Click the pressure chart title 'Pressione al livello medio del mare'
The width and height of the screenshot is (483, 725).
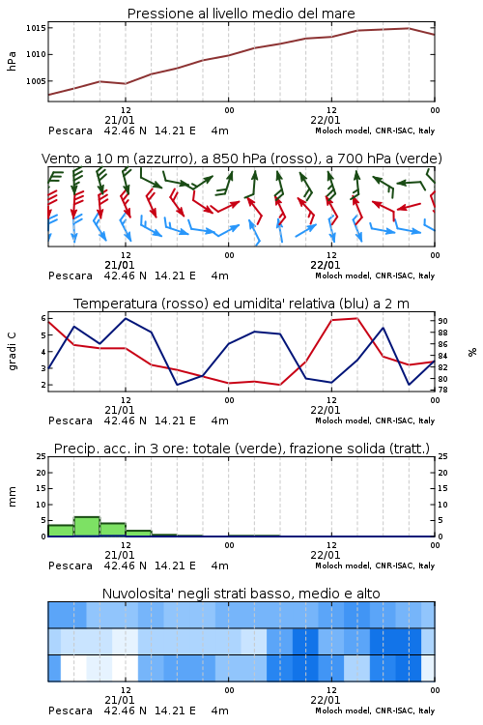pos(241,14)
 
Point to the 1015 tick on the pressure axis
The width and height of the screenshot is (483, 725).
pos(36,28)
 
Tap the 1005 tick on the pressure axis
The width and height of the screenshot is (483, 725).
pos(36,81)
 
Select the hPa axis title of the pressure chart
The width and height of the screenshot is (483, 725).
pos(12,61)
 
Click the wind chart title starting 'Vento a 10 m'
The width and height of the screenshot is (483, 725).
pos(241,159)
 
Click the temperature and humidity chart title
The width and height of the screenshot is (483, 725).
pos(241,304)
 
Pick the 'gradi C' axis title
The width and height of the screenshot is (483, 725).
pos(12,352)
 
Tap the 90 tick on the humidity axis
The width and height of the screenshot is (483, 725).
pos(442,321)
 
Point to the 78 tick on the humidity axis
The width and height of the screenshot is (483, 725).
pos(442,391)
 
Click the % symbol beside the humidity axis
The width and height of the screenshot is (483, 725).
pos(472,352)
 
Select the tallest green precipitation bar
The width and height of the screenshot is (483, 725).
pos(87,526)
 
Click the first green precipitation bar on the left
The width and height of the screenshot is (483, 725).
pos(61,531)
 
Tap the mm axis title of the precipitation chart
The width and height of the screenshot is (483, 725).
pos(12,497)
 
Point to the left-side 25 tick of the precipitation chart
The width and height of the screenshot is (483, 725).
pos(42,456)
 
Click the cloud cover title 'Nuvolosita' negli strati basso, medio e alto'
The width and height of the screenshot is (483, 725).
pos(241,594)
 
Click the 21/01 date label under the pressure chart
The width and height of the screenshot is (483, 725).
pos(120,120)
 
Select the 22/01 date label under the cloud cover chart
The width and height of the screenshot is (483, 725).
pos(326,700)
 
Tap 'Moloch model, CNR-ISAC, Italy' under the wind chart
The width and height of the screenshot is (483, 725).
pos(375,275)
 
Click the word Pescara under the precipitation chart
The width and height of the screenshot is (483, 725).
pos(71,565)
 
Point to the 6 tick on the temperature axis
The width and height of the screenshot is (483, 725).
pos(43,318)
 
